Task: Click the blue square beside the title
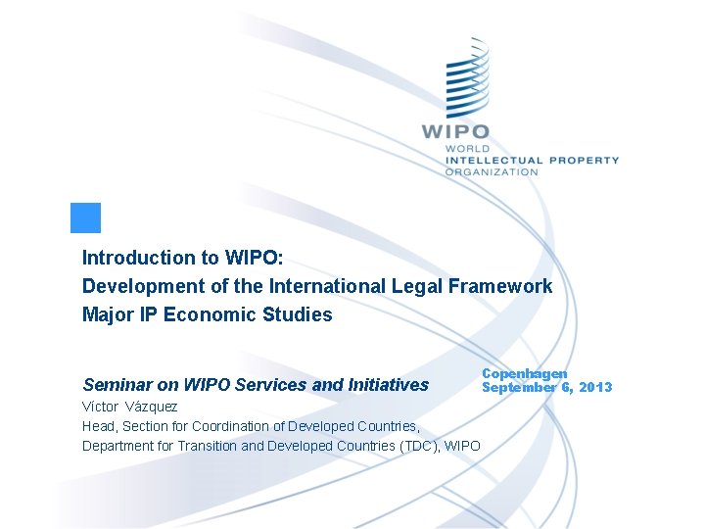point(86,217)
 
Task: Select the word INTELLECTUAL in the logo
point(493,160)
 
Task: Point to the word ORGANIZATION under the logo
point(492,171)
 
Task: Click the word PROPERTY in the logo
point(584,160)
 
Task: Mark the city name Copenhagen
point(525,374)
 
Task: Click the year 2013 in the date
point(594,387)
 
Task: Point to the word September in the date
point(519,387)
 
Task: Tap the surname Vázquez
point(152,407)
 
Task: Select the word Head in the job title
point(98,426)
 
